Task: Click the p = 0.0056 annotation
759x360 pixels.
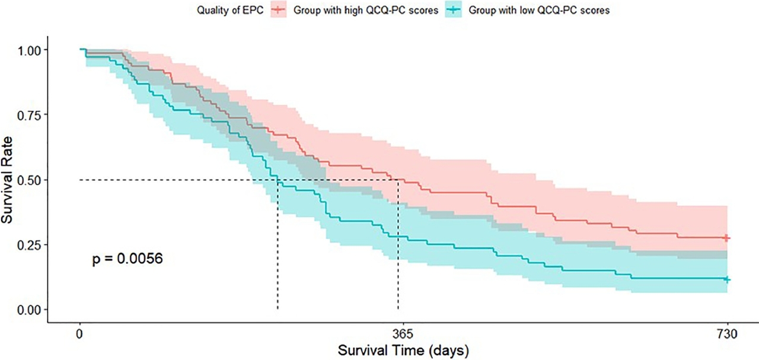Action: (127, 259)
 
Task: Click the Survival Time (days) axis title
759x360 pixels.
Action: (403, 350)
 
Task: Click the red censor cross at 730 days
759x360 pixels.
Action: (727, 238)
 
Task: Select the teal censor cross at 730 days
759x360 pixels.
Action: (727, 279)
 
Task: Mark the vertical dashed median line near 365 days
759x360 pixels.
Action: (398, 249)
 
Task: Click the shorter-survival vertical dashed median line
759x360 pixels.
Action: (278, 249)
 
